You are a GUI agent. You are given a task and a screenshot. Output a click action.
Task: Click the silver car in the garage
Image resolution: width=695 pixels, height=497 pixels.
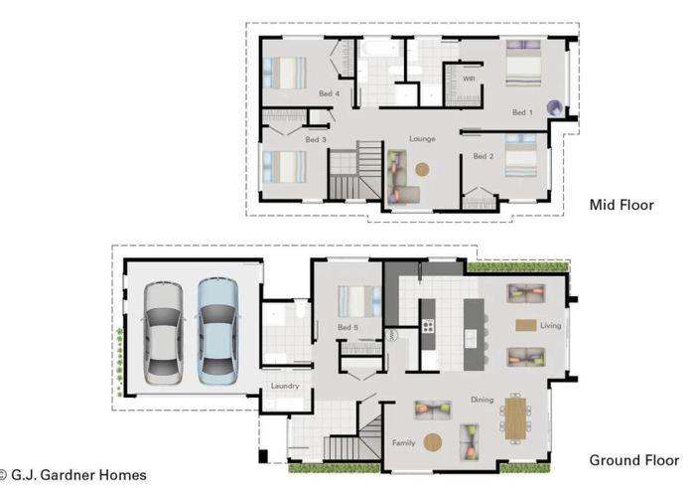pyautogui.click(x=164, y=331)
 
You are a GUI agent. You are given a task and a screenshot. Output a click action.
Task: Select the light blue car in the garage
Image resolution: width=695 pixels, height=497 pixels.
pyautogui.click(x=217, y=330)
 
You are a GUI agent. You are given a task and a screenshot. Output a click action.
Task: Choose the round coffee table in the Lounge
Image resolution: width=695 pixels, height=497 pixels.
pyautogui.click(x=422, y=169)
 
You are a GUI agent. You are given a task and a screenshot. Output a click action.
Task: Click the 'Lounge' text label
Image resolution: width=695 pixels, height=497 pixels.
pyautogui.click(x=422, y=139)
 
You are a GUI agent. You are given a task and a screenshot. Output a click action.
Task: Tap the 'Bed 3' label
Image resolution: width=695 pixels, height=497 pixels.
pyautogui.click(x=316, y=140)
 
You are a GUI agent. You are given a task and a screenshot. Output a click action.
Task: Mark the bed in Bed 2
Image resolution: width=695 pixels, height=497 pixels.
pyautogui.click(x=520, y=156)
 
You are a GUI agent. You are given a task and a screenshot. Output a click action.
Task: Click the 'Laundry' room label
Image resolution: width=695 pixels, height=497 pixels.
pyautogui.click(x=285, y=386)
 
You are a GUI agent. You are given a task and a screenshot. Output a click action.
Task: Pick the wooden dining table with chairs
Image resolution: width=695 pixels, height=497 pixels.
pyautogui.click(x=515, y=417)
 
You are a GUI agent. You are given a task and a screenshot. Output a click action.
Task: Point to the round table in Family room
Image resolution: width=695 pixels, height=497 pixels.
pyautogui.click(x=433, y=442)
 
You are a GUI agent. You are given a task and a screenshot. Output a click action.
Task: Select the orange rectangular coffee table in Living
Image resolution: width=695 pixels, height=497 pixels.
pyautogui.click(x=525, y=325)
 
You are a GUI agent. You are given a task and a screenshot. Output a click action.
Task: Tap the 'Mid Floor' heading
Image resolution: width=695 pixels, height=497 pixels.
pyautogui.click(x=622, y=206)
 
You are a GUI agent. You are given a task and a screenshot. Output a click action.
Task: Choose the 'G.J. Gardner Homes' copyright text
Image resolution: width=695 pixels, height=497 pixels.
pyautogui.click(x=73, y=475)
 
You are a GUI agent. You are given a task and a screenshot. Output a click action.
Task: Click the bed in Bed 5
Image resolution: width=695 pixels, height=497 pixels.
pyautogui.click(x=358, y=301)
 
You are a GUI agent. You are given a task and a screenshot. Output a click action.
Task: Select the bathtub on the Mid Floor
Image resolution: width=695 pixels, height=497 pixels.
pyautogui.click(x=380, y=48)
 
